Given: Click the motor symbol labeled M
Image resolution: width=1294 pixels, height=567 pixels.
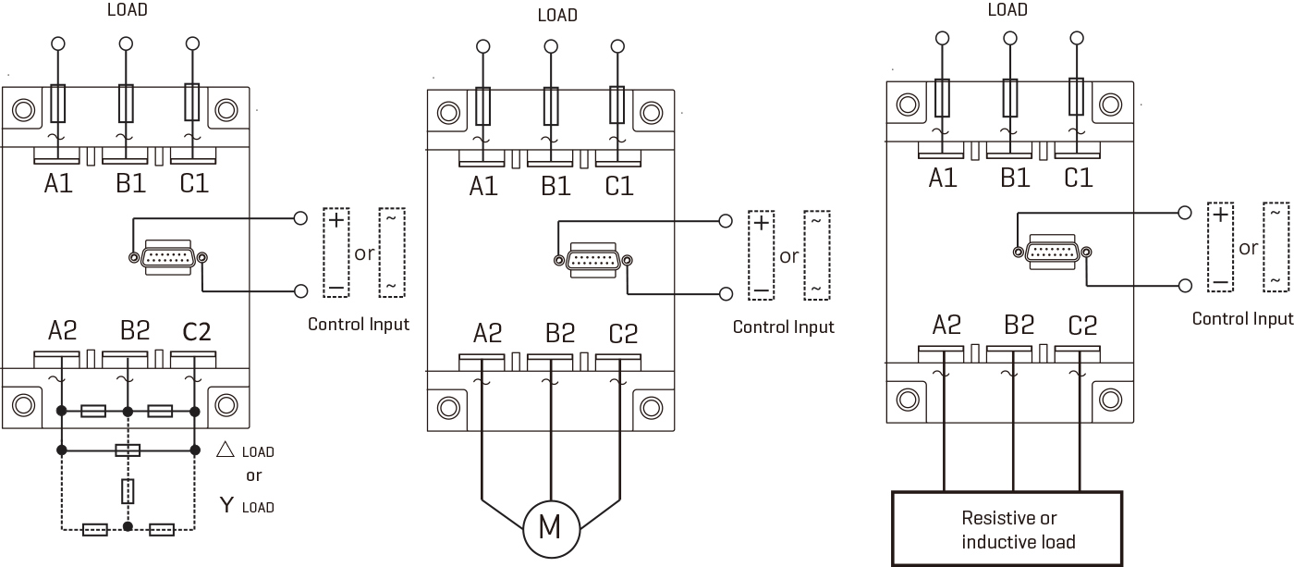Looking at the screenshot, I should pos(550,526).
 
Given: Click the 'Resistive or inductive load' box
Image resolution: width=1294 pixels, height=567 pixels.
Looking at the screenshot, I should pos(1007,529).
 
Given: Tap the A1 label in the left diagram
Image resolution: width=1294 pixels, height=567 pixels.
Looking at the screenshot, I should pos(58,184).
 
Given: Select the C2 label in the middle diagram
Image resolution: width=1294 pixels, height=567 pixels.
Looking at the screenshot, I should pos(623,333).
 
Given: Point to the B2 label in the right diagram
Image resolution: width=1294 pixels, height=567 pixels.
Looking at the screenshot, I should pos(1019,325).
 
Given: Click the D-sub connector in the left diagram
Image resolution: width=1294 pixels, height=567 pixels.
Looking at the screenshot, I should pos(168,258).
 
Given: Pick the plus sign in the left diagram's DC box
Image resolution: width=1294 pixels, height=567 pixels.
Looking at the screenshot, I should pos(336,220).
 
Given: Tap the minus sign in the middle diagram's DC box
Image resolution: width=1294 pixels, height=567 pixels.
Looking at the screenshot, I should pos(761,290).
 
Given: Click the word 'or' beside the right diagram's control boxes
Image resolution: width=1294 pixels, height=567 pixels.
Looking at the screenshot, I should pos(1248,248).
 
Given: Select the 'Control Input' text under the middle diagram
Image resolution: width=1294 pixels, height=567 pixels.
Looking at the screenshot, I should pos(783,327).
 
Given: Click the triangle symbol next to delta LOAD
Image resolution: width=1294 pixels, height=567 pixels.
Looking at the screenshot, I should pos(225,450).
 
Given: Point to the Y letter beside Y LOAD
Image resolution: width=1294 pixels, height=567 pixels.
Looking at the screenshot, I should pos(226,505).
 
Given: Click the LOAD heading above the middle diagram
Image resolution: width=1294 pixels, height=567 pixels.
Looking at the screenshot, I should pos(557,15).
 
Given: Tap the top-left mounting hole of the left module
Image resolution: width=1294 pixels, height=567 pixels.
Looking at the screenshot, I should pos(23,111).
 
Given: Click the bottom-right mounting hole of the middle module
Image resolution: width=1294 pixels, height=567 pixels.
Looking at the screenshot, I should pos(652,407).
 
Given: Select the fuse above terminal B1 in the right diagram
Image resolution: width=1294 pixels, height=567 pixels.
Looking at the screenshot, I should pos(1009,97).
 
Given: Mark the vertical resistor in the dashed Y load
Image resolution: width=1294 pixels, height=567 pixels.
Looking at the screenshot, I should pos(128,491).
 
